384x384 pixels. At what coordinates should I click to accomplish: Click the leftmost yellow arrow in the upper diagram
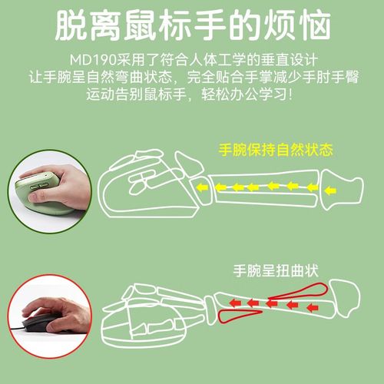tap(202, 187)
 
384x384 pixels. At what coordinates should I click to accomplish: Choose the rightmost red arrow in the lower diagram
tap(312, 307)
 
